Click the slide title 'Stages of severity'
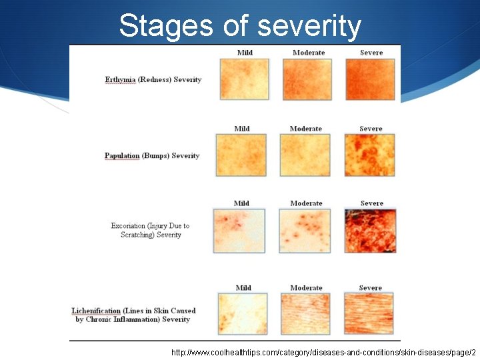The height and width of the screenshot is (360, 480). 240,26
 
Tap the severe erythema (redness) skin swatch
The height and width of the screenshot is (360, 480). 370,79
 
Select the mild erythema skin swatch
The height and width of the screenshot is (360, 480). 245,79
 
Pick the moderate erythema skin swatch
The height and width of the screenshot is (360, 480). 308,79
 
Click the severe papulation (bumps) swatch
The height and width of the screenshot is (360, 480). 370,155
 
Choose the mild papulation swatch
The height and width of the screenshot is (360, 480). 241,155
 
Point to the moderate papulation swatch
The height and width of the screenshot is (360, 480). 305,155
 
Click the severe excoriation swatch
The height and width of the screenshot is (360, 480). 371,231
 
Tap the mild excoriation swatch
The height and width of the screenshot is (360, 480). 239,231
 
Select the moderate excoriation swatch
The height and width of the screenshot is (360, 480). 305,231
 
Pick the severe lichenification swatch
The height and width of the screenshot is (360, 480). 370,314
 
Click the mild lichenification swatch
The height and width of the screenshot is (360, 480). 243,314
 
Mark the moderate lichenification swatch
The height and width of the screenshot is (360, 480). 306,314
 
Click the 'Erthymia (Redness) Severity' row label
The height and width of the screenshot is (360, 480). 153,80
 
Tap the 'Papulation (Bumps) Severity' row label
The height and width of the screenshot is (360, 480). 152,156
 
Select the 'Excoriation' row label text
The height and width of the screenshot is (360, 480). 150,230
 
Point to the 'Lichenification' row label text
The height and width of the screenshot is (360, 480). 133,315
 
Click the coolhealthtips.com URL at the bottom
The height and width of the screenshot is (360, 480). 323,351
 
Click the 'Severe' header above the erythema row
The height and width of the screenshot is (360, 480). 371,53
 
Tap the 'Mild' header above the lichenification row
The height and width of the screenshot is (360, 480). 243,288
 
